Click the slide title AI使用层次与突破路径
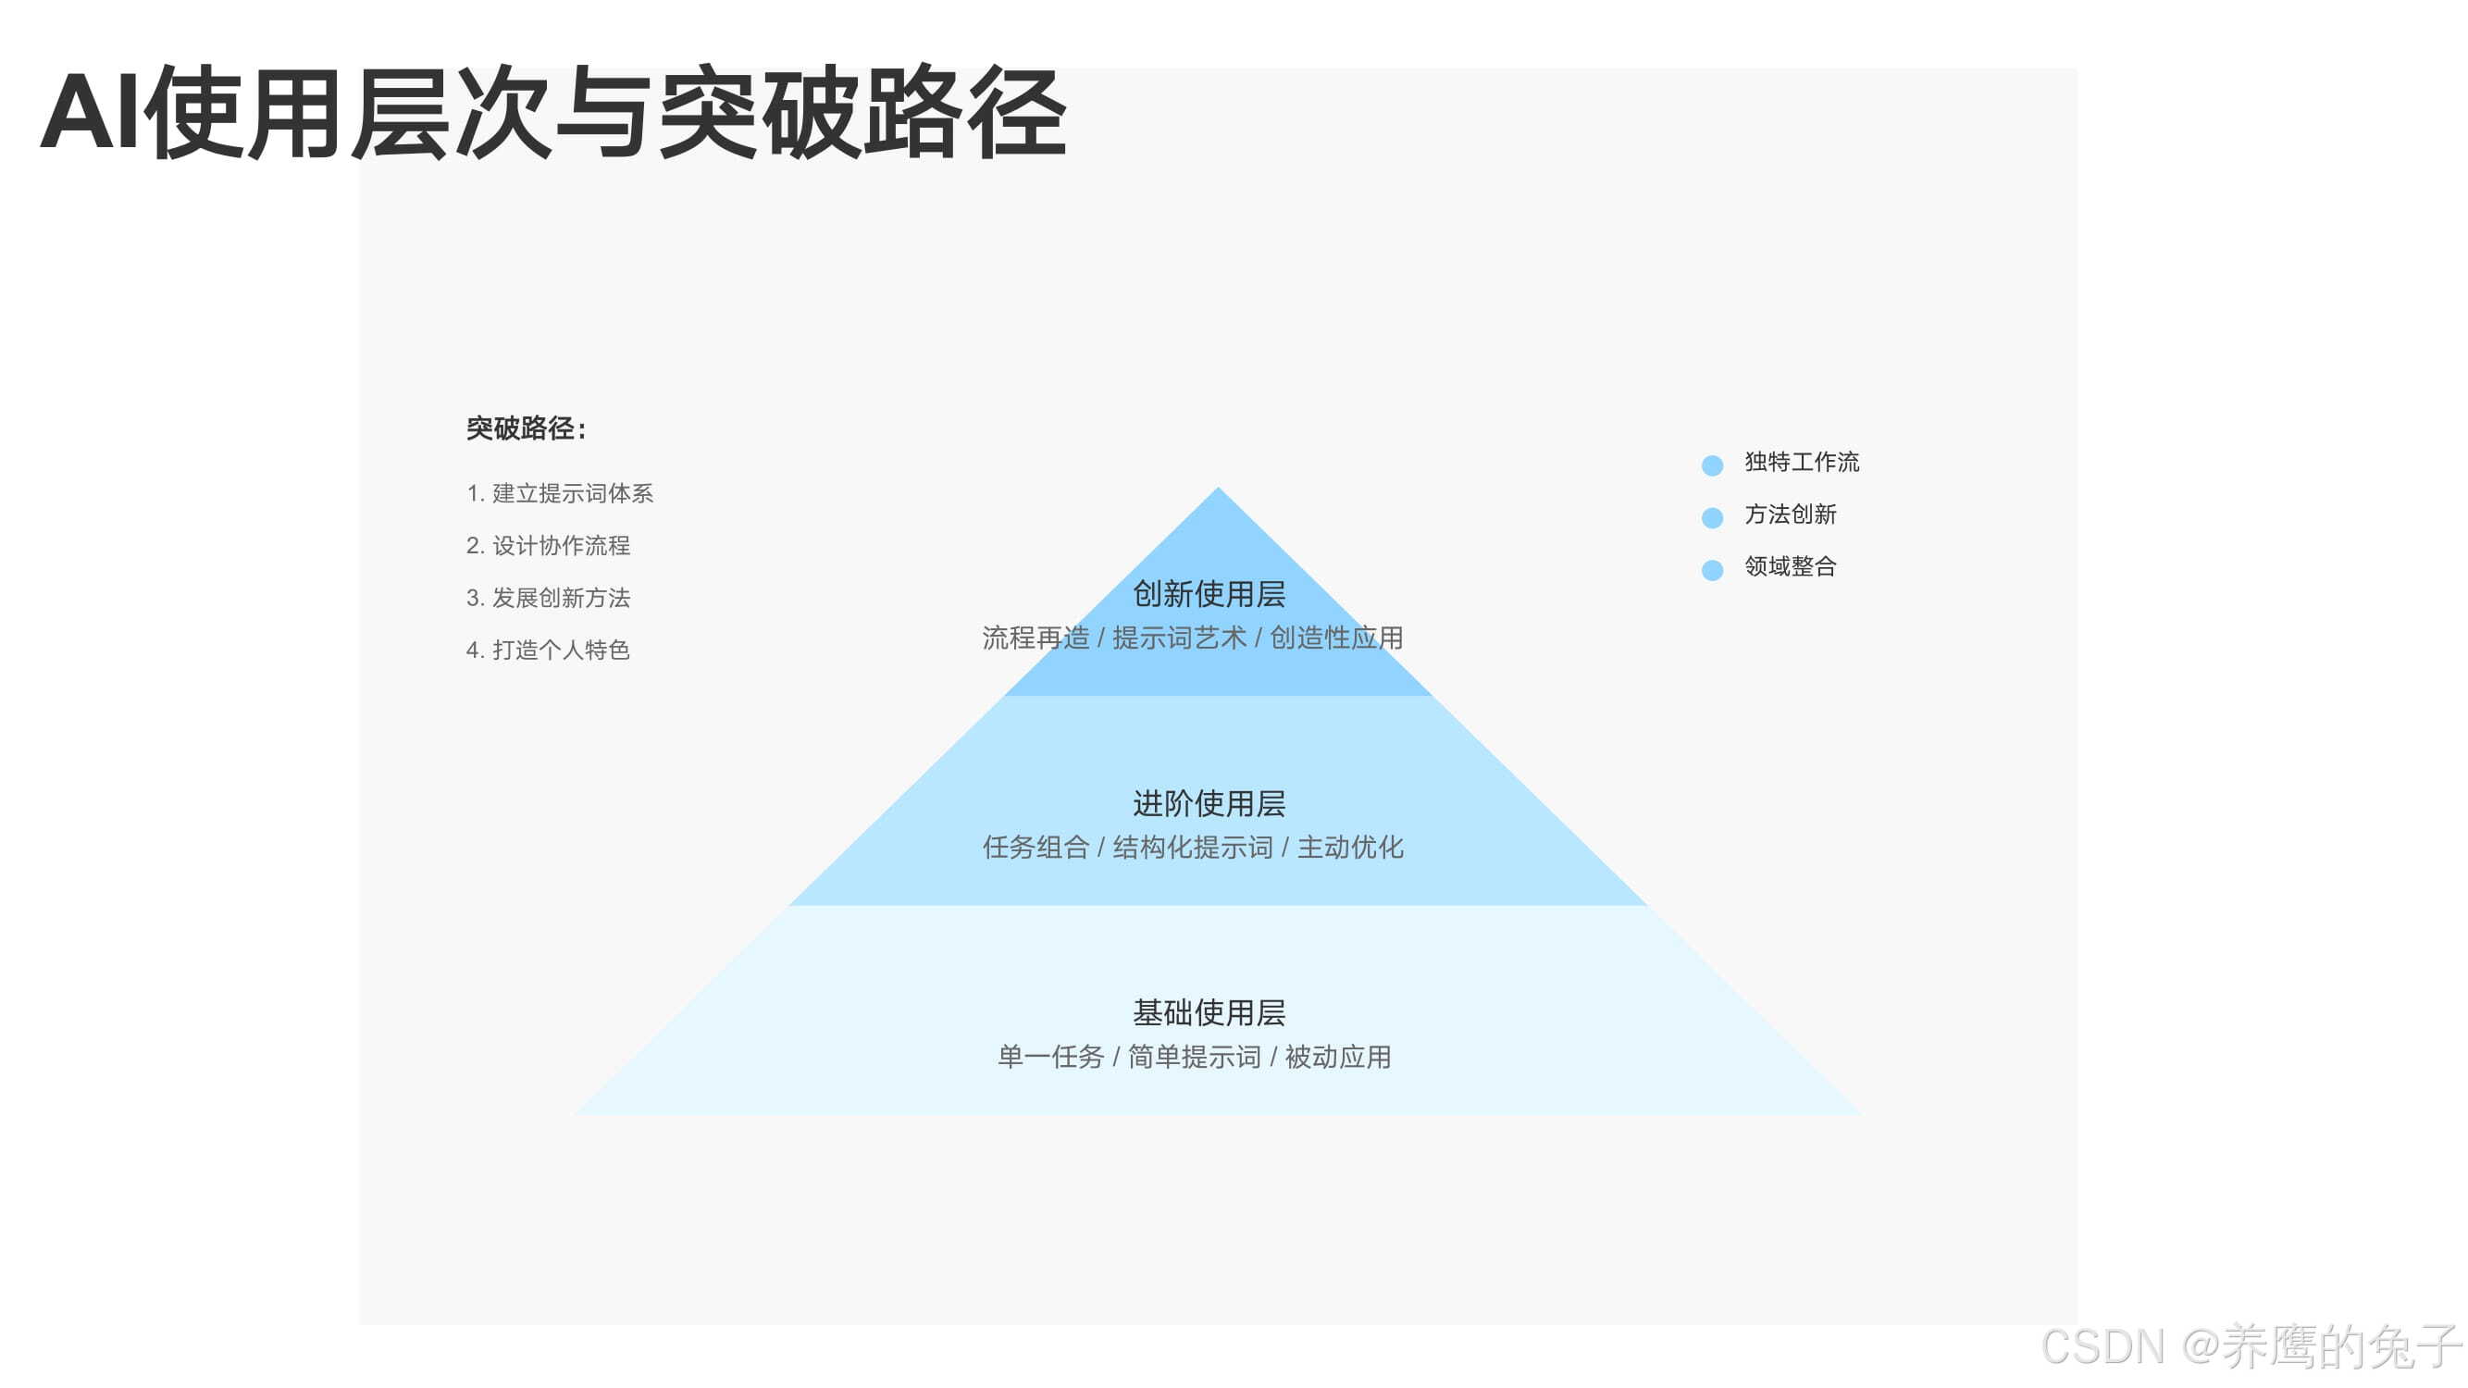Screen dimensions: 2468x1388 553,113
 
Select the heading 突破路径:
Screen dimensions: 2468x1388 526,428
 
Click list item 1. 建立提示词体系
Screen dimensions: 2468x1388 560,493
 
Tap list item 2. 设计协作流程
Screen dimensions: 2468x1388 548,546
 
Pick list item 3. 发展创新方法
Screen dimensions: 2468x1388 548,598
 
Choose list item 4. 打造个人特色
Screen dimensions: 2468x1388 548,651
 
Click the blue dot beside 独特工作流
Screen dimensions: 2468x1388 1712,465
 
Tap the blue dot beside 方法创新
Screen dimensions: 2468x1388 1712,518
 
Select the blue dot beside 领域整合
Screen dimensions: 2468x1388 1712,570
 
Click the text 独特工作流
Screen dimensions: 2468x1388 1801,463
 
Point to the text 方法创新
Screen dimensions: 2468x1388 1790,514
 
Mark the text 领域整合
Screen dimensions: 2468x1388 1790,567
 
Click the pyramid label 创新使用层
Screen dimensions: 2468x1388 1209,594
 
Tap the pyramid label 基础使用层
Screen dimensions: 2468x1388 1209,1012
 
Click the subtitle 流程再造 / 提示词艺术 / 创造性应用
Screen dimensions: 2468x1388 1193,638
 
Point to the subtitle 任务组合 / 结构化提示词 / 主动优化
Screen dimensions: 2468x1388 1193,848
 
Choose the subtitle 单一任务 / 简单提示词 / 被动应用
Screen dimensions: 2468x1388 1194,1058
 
